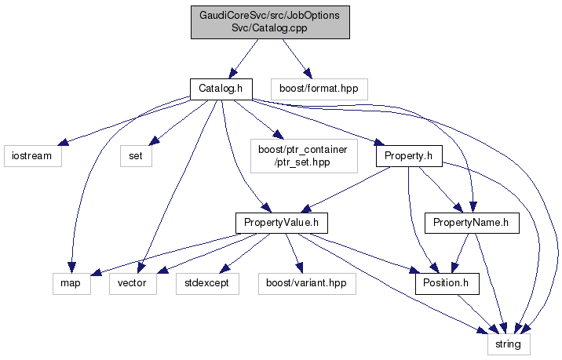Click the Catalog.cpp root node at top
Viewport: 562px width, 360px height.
point(270,23)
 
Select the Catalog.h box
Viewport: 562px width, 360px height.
point(220,89)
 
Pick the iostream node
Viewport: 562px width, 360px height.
point(31,155)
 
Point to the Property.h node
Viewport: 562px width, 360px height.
point(409,155)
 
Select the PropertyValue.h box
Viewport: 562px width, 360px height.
point(280,223)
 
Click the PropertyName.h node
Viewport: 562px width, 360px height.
point(472,223)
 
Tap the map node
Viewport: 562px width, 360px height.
point(71,282)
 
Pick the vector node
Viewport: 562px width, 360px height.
point(133,282)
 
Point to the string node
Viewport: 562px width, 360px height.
point(508,343)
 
